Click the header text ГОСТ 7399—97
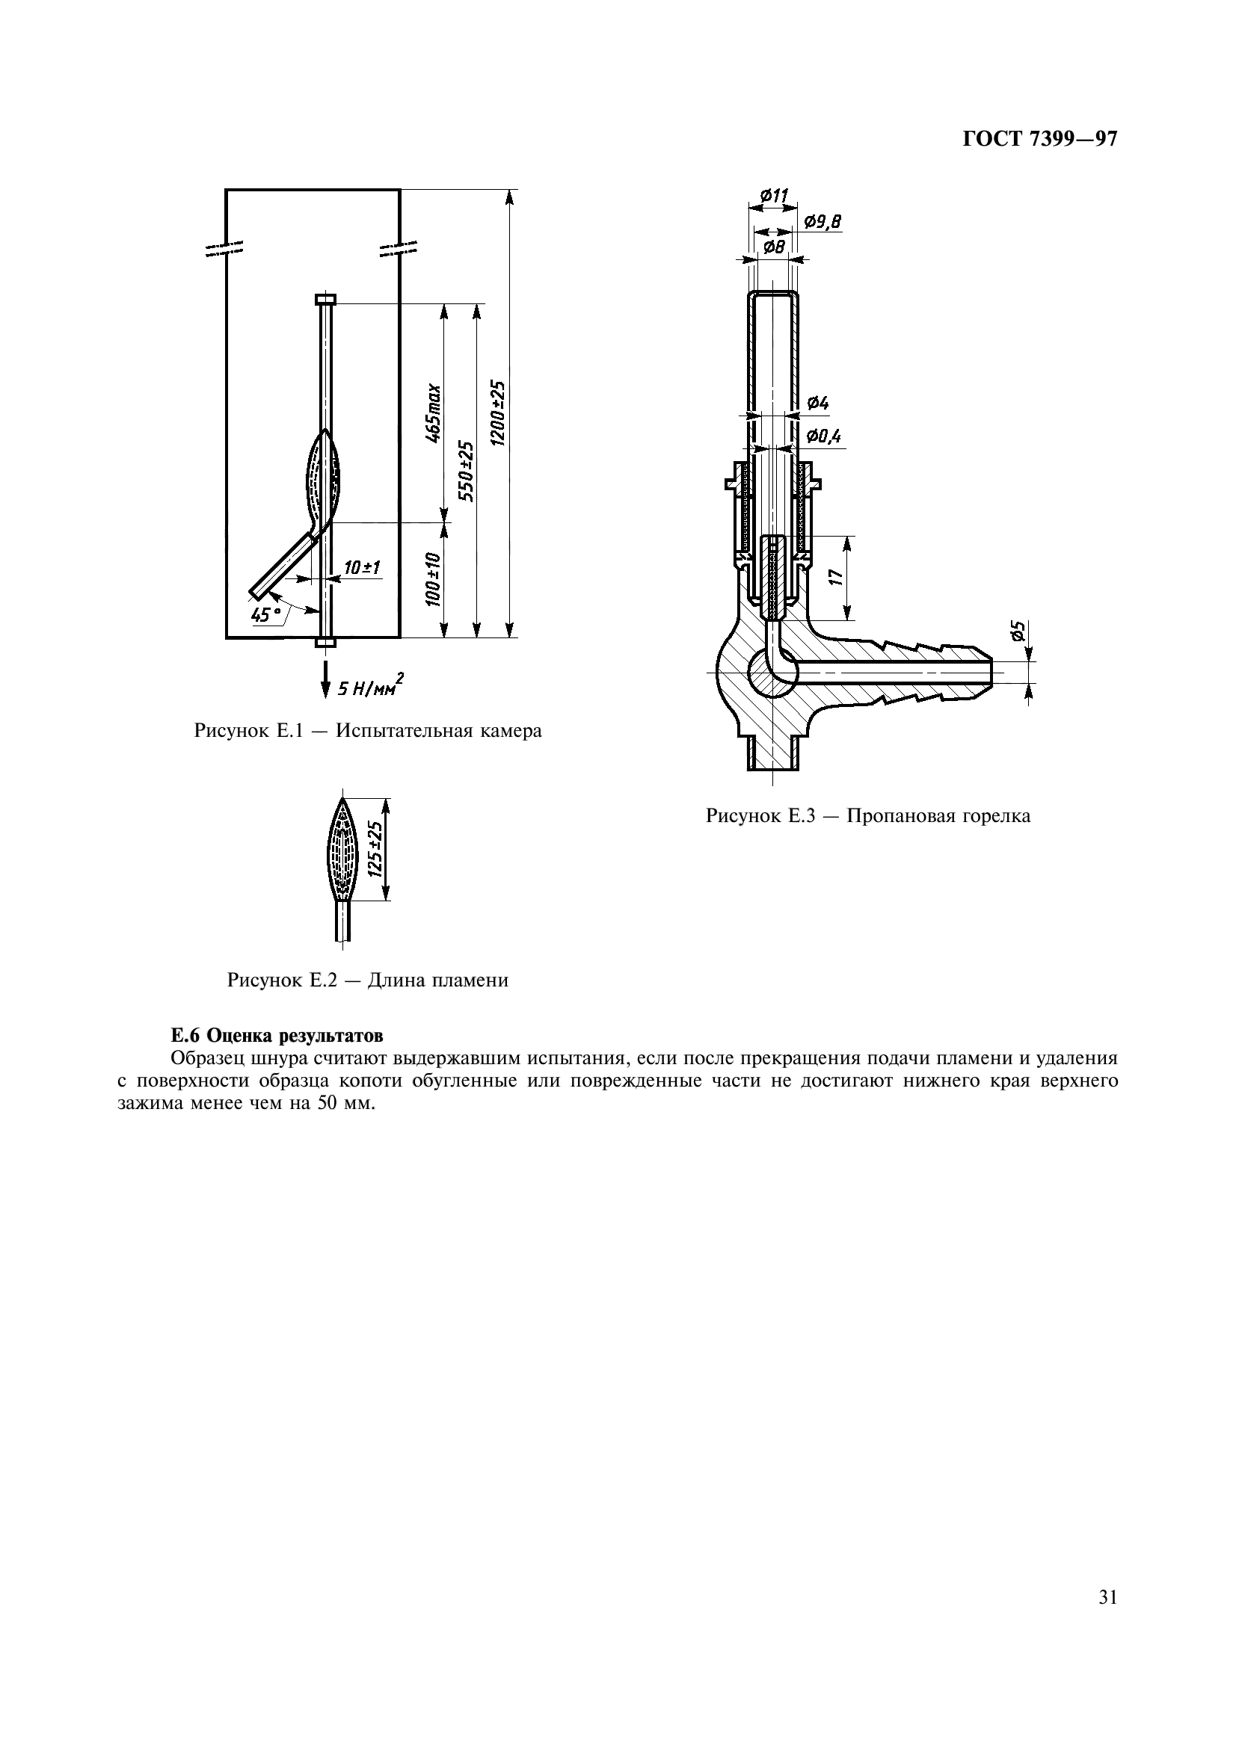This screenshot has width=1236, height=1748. click(1040, 139)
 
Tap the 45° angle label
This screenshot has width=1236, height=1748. click(265, 614)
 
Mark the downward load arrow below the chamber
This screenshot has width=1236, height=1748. click(325, 679)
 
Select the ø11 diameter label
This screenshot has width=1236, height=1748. click(774, 195)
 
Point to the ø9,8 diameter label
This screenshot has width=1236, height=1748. click(823, 221)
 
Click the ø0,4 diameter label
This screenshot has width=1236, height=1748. click(824, 436)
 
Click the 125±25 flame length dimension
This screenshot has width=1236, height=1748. click(374, 849)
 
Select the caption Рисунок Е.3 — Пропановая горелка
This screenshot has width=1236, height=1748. click(868, 816)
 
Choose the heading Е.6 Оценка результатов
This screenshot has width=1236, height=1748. click(277, 1035)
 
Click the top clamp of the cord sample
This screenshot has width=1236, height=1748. click(325, 299)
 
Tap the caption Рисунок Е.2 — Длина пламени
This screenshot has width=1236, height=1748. click(368, 980)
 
